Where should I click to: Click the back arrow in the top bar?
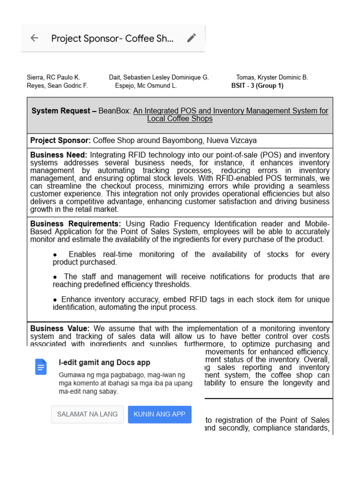(x=34, y=38)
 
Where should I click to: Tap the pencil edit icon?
(x=191, y=38)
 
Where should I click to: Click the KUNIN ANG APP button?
(x=159, y=414)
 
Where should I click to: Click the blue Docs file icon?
(x=41, y=367)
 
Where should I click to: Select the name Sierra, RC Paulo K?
(x=53, y=77)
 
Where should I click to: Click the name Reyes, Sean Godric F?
(x=57, y=86)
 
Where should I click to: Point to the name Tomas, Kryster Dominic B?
(x=272, y=77)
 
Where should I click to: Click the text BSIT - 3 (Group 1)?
(x=257, y=86)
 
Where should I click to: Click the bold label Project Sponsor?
(x=60, y=141)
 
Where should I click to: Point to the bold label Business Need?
(x=59, y=155)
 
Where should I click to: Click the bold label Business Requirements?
(x=75, y=224)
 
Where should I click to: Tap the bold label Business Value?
(x=60, y=329)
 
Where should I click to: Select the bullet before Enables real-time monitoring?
(x=55, y=255)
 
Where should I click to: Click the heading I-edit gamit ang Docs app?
(x=104, y=362)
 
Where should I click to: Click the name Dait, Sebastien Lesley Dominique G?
(x=159, y=77)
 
